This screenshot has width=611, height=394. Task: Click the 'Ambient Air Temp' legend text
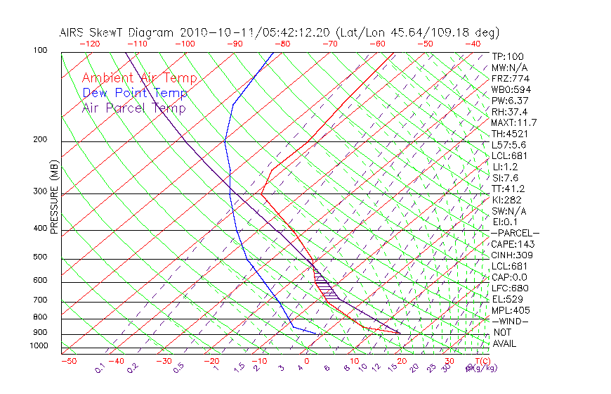139,78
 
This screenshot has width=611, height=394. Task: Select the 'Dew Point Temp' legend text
135,93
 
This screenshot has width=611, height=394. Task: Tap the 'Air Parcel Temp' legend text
133,108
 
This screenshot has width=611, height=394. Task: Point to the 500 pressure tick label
39,258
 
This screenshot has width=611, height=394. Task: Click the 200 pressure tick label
39,140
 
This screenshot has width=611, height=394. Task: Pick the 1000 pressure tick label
38,346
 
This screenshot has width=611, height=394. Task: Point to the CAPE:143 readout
512,244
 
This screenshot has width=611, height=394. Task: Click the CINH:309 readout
512,255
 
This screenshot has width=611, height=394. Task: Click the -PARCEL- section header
515,233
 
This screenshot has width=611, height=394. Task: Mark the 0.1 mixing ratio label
100,368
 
